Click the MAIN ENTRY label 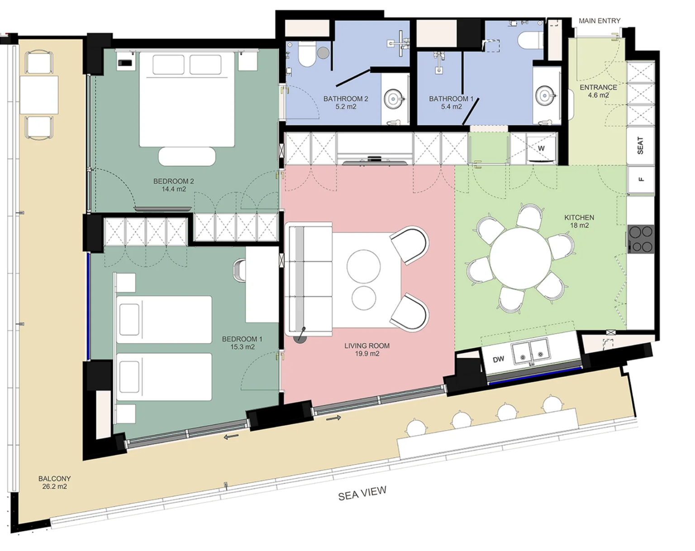(600, 21)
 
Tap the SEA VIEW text (362, 493)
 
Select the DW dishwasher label (498, 359)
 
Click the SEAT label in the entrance (640, 145)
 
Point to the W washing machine (541, 148)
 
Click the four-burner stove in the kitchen (641, 239)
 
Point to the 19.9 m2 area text (367, 354)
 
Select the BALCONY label (54, 479)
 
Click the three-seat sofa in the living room (309, 279)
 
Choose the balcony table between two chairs (39, 95)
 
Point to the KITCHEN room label (579, 217)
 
